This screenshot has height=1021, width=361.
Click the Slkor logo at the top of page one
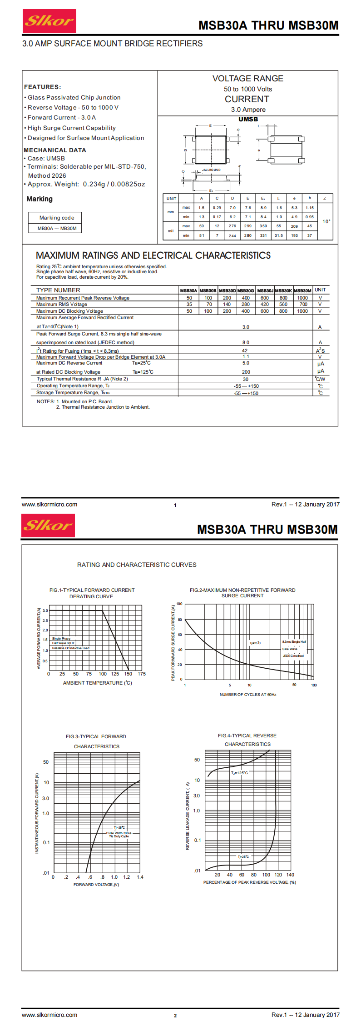[49, 21]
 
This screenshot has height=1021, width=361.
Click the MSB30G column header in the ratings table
[245, 290]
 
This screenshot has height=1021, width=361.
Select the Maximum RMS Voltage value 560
[283, 305]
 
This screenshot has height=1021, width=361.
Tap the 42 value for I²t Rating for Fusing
[245, 350]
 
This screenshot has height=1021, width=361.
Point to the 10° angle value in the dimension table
[326, 221]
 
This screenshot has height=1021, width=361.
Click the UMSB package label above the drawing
[248, 119]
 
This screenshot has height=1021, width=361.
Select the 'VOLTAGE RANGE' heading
[247, 78]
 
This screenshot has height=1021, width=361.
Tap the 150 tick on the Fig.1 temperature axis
[128, 674]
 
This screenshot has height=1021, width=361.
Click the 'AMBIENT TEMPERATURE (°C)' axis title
[97, 683]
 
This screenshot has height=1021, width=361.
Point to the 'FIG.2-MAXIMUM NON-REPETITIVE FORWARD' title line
[242, 590]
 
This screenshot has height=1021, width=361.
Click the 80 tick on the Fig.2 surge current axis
[180, 620]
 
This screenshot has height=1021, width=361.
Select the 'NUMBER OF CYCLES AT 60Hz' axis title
[247, 695]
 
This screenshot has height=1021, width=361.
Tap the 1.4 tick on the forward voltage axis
[140, 877]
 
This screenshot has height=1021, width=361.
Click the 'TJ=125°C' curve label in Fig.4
[239, 773]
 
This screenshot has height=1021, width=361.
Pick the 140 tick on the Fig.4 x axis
[290, 875]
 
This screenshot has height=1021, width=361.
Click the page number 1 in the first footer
[175, 505]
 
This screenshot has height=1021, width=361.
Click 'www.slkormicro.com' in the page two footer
[49, 1015]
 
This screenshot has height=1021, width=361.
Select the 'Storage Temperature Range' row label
[73, 392]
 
